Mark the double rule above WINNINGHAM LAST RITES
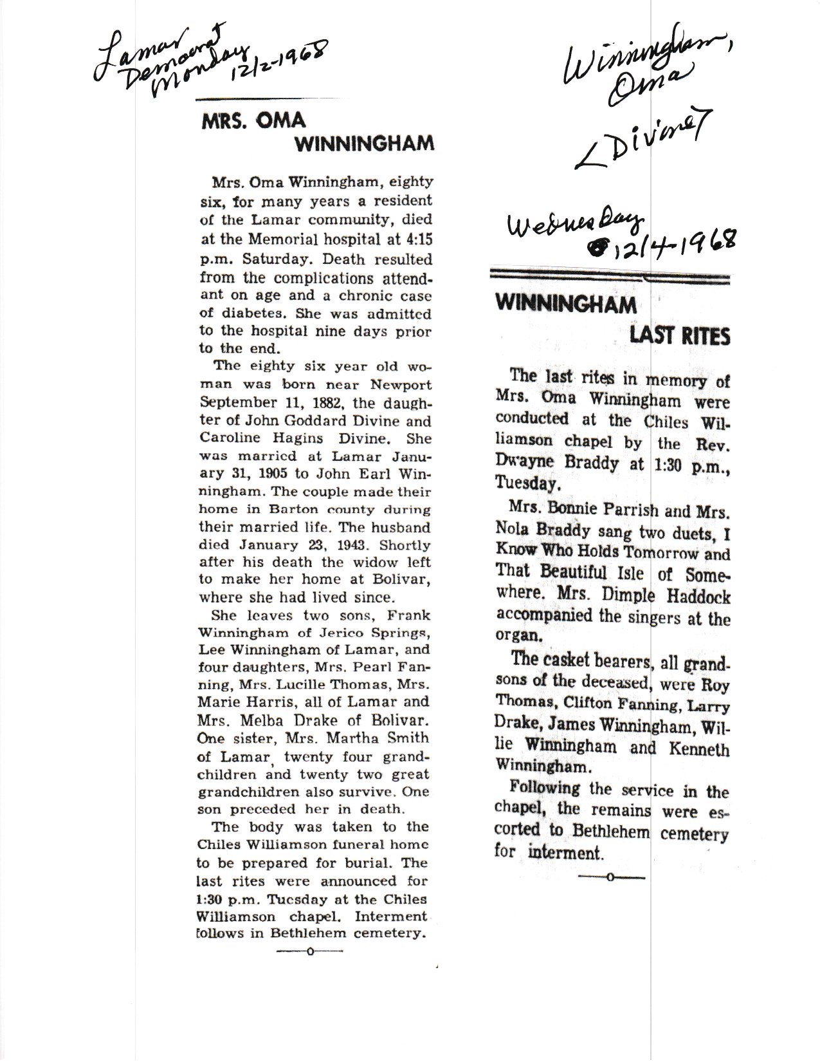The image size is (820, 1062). pyautogui.click(x=610, y=277)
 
